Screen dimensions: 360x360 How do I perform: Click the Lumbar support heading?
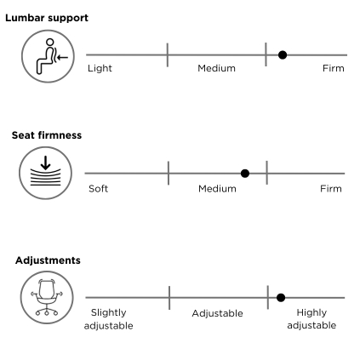tap(47, 18)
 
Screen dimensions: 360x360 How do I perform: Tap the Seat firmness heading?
tap(47, 135)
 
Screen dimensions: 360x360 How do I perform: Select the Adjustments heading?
tap(48, 260)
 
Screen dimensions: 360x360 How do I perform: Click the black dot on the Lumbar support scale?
tap(283, 55)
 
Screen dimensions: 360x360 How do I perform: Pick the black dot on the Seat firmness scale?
tap(245, 174)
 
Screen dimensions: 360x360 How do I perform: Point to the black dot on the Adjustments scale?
tap(281, 298)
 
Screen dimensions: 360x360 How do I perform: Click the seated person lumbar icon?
tap(49, 56)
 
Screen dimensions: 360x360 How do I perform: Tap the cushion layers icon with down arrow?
tap(46, 173)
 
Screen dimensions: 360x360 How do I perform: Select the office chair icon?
tap(47, 297)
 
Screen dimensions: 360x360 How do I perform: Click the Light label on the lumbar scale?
tap(100, 68)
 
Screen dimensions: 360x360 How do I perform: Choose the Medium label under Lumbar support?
tap(216, 68)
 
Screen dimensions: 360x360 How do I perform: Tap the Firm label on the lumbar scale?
tap(334, 68)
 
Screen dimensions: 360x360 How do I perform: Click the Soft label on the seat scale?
tap(98, 189)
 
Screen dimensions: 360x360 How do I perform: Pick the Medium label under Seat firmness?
tap(217, 189)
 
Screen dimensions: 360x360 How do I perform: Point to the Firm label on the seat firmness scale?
tap(331, 189)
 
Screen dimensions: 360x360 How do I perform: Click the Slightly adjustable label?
tap(109, 319)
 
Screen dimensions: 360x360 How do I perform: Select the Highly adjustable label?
tap(311, 319)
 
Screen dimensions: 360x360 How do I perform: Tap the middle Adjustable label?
tap(217, 313)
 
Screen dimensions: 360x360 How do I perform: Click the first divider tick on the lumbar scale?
tap(168, 55)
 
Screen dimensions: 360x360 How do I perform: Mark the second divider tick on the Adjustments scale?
tap(268, 298)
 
